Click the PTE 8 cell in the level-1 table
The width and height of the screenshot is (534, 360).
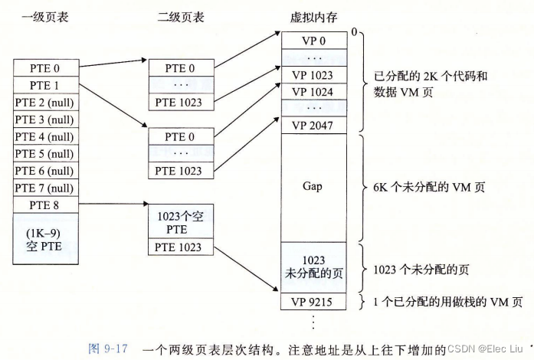(x=44, y=205)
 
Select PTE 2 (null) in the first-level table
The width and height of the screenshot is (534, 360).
(x=44, y=103)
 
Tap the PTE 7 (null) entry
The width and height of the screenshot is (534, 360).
(x=44, y=188)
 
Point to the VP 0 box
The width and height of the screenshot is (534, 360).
(x=313, y=41)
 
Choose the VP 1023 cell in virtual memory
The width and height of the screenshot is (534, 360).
(x=313, y=74)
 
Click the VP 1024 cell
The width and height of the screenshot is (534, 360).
(x=313, y=91)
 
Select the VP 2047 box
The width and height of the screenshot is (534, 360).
(x=313, y=125)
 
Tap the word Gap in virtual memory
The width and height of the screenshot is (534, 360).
(x=313, y=187)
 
